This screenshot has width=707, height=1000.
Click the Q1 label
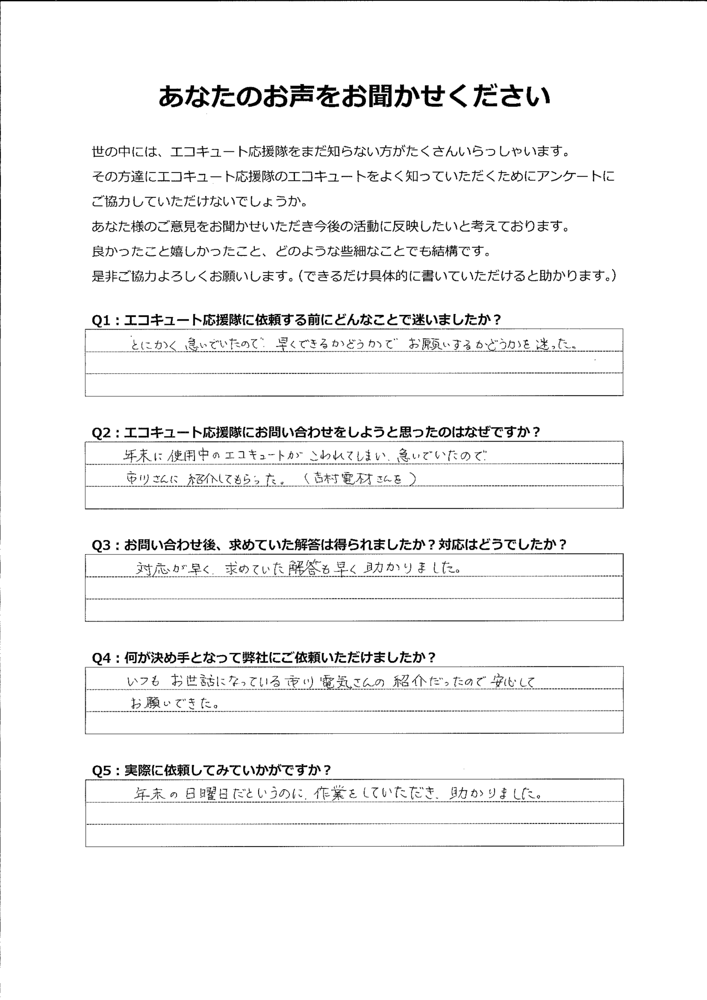[101, 320]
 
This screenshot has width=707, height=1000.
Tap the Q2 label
[101, 432]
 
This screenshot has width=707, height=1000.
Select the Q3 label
[101, 545]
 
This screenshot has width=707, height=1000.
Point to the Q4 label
[101, 658]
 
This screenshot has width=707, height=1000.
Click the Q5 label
[101, 770]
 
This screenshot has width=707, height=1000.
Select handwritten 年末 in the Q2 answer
[137, 455]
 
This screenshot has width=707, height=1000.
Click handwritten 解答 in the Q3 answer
[303, 568]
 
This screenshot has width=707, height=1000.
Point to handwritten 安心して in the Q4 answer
[512, 681]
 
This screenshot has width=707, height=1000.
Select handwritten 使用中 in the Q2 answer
[188, 455]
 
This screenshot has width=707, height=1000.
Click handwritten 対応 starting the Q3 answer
[152, 568]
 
